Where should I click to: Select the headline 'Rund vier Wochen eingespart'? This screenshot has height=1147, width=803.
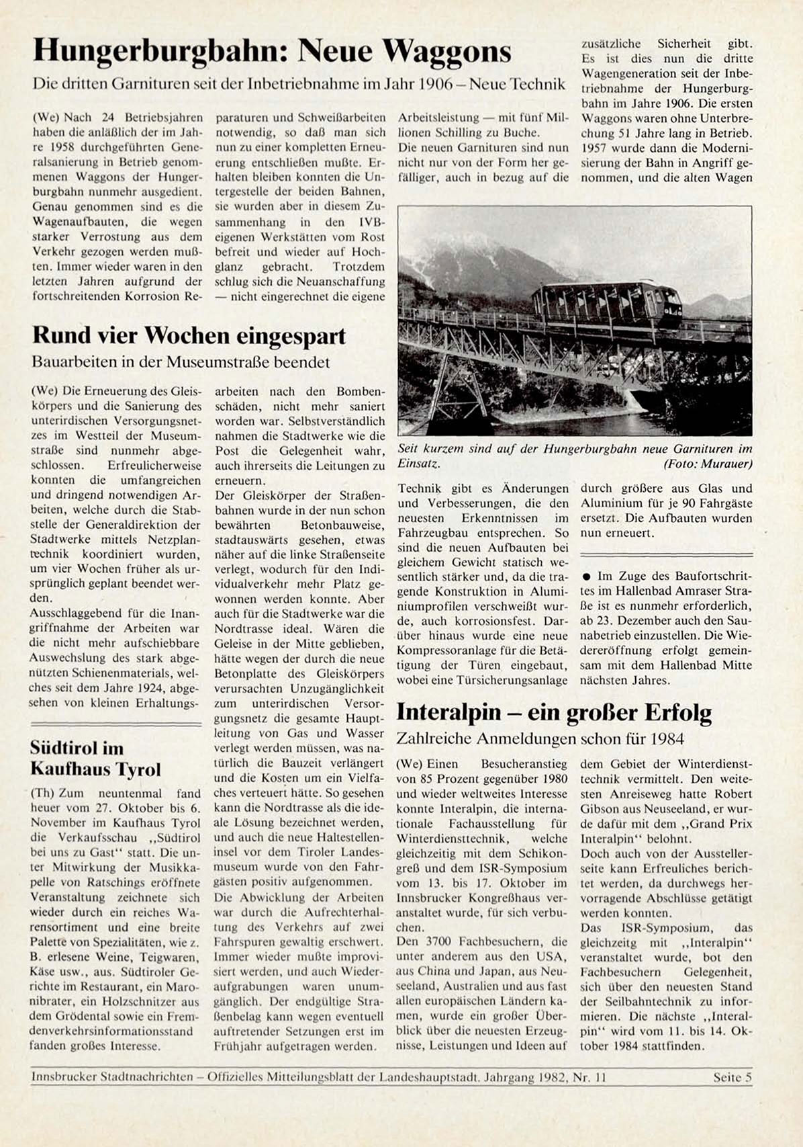point(189,335)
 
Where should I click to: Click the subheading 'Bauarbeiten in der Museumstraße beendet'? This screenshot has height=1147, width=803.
point(181,362)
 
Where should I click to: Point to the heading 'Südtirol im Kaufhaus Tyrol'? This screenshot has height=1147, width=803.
point(95,759)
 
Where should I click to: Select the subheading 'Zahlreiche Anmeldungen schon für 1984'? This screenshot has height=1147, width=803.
point(540,739)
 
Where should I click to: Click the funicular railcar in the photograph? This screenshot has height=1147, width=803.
point(606,306)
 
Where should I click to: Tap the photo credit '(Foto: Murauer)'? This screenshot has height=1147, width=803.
point(708,464)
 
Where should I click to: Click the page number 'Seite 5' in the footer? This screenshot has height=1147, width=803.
point(733,1077)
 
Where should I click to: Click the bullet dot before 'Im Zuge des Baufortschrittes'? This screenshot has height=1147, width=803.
point(586,577)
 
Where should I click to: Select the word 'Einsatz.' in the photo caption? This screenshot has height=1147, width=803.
point(419,464)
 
